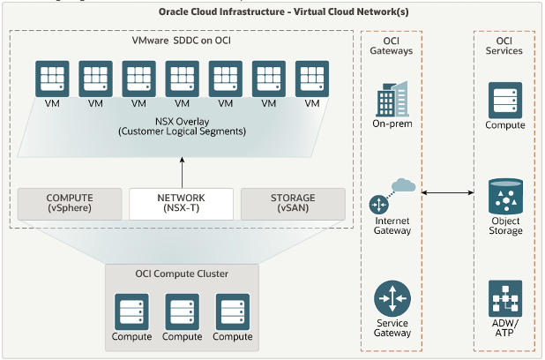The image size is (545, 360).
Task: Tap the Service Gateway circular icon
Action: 392,298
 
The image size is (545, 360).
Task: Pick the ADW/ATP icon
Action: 505,298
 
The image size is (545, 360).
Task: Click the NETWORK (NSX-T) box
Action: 181,204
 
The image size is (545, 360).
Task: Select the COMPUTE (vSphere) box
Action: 69,204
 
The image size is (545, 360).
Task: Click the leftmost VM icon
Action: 52,79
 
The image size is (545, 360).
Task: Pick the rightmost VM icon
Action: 311,79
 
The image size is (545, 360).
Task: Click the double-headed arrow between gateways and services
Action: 448,191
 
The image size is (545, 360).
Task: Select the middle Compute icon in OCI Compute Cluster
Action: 182,312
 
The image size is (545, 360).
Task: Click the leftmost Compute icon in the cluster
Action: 131,312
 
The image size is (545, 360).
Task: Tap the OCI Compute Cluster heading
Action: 182,274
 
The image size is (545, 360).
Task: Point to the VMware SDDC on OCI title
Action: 182,41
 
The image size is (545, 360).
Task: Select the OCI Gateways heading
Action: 392,45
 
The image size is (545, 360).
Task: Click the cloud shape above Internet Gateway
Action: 403,186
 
